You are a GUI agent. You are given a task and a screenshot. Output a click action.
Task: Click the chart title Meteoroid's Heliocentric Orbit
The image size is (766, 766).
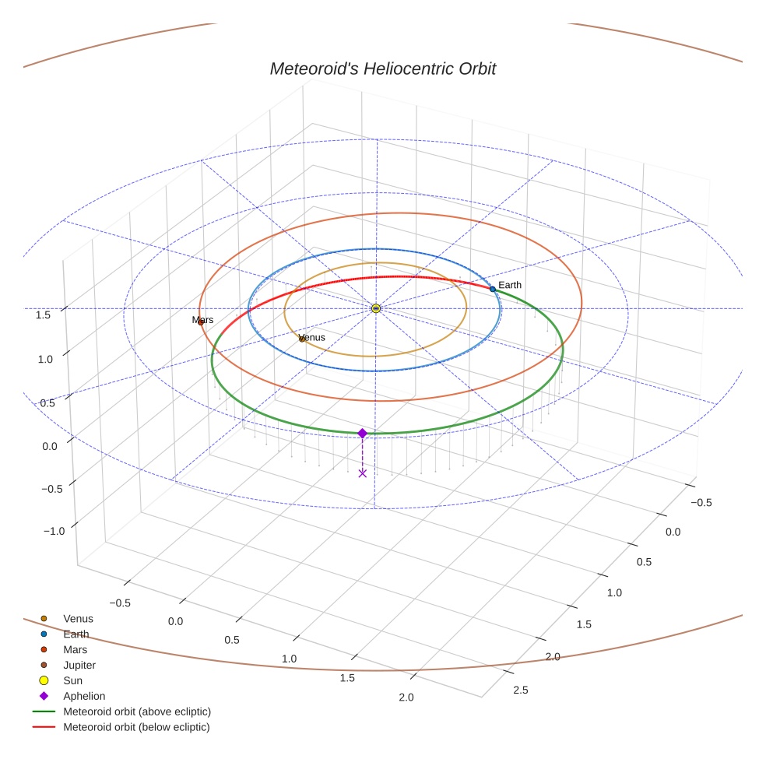[x=382, y=69]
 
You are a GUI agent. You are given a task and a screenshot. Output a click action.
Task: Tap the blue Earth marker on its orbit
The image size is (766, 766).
[x=492, y=289]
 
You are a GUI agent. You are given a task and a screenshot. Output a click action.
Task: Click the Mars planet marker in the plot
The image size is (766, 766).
[x=201, y=322]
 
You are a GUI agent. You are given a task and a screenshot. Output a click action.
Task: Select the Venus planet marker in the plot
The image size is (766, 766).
[x=302, y=339]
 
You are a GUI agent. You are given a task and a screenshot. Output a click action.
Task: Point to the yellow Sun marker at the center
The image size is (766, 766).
[x=376, y=308]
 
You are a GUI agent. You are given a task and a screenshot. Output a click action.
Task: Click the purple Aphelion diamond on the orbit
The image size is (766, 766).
[x=362, y=433]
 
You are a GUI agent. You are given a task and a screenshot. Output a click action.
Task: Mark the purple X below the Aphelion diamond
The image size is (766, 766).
[x=362, y=473]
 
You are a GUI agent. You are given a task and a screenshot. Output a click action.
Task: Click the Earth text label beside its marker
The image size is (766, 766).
[x=510, y=285]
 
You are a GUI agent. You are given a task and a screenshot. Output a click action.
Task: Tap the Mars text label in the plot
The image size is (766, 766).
[x=202, y=319]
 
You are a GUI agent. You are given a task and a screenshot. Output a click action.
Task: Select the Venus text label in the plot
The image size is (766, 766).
[x=312, y=337]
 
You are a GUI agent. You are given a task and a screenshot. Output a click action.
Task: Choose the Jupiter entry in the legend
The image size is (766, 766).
[x=79, y=665]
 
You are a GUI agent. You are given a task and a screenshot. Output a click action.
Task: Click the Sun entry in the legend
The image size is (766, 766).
[x=72, y=680]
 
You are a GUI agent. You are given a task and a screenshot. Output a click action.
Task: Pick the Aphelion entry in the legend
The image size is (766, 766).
[x=84, y=696]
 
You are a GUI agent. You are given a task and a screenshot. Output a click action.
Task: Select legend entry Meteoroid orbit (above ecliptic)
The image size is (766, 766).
[x=137, y=712]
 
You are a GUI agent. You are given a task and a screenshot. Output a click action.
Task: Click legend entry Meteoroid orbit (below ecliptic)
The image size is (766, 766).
[x=136, y=727]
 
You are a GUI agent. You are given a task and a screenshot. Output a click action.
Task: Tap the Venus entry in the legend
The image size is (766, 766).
[x=78, y=618]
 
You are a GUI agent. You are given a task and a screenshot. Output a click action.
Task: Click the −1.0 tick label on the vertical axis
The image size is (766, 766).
[x=54, y=531]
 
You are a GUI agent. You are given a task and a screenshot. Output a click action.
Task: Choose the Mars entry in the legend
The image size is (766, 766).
[x=75, y=649]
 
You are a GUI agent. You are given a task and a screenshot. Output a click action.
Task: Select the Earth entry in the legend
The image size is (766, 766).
[x=76, y=634]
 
